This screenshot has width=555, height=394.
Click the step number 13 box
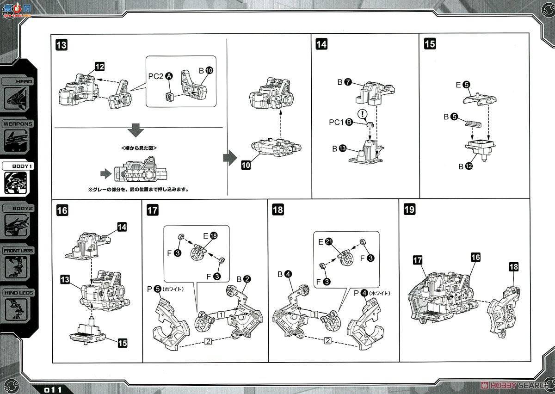[61, 45]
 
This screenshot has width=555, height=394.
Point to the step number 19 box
[409, 209]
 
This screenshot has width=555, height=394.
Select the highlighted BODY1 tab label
[18, 167]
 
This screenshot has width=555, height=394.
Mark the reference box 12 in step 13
[99, 67]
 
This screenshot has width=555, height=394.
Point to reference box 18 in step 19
[513, 266]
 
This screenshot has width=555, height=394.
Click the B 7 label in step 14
[345, 82]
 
